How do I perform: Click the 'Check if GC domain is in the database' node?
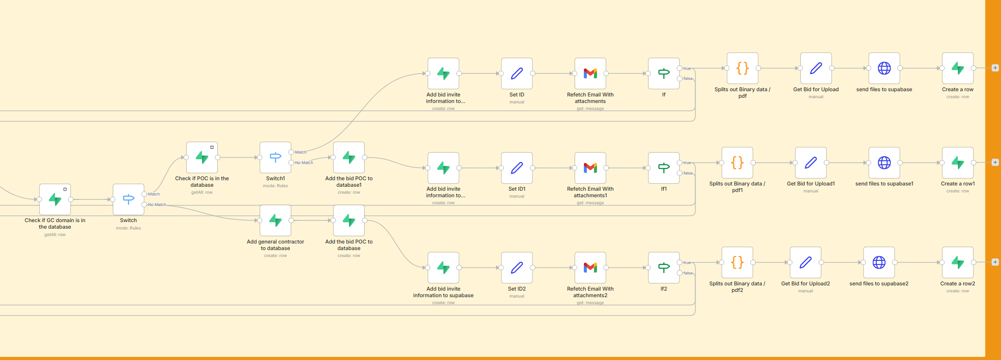55,199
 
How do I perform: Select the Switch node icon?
128,199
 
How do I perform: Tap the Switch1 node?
275,158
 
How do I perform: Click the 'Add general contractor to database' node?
275,220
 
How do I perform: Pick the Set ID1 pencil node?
517,168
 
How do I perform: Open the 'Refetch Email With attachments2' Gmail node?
590,267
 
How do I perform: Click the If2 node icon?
664,267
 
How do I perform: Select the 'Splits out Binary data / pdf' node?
742,68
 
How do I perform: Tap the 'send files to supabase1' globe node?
884,163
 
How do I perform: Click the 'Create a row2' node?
957,262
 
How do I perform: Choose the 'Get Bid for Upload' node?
816,68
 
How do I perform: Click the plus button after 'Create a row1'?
995,162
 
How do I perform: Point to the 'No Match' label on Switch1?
304,163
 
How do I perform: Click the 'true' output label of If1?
687,163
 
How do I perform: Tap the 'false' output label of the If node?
688,79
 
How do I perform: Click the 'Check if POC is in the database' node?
202,158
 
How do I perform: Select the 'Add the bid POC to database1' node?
349,158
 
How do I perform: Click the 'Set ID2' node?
517,267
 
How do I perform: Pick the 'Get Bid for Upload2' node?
805,262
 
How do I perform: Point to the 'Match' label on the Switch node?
154,194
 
